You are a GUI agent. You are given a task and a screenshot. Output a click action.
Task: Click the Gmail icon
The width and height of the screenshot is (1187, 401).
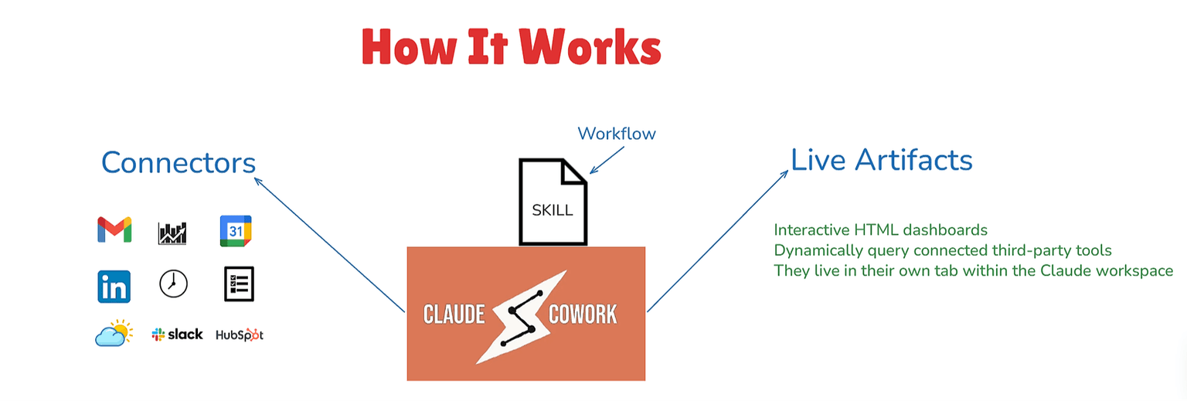tap(114, 230)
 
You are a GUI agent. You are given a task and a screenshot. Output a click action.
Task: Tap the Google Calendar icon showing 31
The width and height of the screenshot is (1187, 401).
tap(236, 231)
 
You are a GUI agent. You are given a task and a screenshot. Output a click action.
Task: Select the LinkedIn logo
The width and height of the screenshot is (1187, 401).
tap(114, 287)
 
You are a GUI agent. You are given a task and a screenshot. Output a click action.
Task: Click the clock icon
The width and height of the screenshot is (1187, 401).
tap(173, 284)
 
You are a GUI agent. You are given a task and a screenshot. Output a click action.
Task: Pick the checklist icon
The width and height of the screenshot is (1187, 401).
tap(239, 284)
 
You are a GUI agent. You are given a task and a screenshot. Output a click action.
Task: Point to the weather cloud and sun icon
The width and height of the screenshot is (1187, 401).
tap(114, 333)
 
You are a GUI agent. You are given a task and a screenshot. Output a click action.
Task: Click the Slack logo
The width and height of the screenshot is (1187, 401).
tap(178, 335)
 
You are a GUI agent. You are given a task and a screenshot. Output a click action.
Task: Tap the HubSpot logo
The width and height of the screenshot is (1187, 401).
tap(240, 335)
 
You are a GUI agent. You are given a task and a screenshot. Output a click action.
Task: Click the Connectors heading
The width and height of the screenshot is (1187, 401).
tap(179, 162)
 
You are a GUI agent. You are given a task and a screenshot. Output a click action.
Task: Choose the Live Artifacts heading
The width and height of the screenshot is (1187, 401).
tap(882, 160)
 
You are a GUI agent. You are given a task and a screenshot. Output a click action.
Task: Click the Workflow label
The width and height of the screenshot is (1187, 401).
tap(616, 134)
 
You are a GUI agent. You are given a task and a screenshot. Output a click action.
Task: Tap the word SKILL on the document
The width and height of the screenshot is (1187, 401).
tap(553, 210)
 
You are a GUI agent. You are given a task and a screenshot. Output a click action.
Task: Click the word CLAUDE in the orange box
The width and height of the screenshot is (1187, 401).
tap(454, 314)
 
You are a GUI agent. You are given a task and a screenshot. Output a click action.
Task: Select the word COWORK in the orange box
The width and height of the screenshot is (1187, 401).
tap(583, 314)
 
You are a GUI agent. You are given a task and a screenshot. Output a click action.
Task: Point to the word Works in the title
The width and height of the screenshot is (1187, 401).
tap(590, 47)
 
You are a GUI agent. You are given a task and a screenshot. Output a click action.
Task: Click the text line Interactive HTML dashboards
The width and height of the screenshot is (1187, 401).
tap(881, 230)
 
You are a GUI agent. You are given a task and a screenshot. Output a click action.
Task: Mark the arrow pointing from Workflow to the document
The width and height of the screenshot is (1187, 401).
tap(607, 160)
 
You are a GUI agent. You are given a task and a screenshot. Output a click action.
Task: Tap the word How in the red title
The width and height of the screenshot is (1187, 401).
tap(409, 47)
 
